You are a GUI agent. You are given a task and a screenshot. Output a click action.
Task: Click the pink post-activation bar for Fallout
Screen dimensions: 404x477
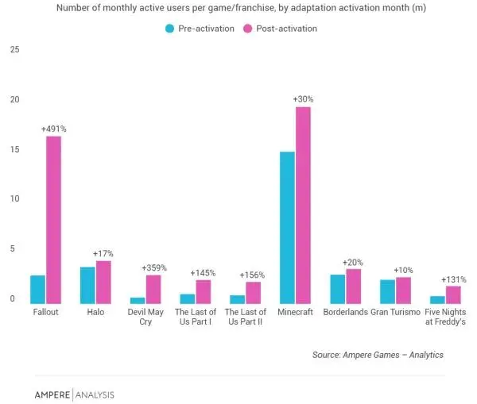point(53,220)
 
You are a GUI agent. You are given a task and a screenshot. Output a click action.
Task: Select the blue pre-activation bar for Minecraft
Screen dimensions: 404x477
point(287,227)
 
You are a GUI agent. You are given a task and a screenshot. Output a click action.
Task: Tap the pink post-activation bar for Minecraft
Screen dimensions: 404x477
point(303,205)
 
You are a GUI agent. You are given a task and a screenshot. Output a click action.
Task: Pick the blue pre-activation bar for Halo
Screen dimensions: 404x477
point(87,285)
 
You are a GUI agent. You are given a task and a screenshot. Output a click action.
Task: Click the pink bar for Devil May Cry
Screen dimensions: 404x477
point(153,289)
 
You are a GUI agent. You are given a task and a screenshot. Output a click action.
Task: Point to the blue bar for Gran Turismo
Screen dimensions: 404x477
point(387,291)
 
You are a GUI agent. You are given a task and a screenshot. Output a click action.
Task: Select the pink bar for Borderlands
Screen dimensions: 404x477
point(353,286)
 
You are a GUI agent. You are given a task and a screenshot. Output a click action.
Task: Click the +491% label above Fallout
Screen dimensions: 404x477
point(53,129)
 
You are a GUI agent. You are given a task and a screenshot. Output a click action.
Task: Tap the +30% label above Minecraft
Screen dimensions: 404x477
point(303,99)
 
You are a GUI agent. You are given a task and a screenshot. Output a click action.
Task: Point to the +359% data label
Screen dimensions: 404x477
point(153,267)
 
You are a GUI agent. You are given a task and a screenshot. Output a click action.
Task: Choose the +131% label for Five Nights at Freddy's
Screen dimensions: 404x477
point(453,279)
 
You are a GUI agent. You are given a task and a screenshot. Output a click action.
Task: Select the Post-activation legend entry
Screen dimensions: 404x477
point(284,29)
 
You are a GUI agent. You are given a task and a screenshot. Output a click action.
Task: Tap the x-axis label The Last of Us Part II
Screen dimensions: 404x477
point(245,317)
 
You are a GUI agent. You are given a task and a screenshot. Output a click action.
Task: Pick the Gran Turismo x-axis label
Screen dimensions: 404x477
point(396,313)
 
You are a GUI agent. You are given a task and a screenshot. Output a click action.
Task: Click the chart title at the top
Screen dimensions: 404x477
point(238,9)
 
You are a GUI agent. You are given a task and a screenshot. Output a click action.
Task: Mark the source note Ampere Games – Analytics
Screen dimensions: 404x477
point(378,355)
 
